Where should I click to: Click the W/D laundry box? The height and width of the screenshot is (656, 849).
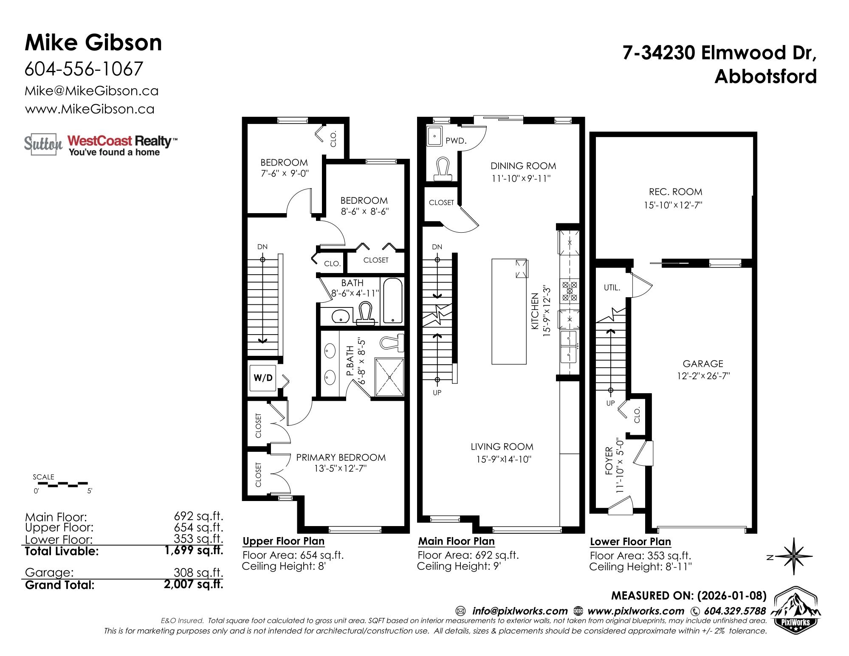pos(263,377)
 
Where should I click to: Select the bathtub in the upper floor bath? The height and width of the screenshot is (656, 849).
pos(392,301)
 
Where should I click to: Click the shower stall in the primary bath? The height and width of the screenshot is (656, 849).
pos(389,377)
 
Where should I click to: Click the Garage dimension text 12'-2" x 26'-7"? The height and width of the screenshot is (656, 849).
pos(703,376)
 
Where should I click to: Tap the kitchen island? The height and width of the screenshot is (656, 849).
pos(509,311)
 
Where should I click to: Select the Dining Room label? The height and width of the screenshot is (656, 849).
pos(523,166)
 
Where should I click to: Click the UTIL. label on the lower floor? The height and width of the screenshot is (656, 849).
pos(612,287)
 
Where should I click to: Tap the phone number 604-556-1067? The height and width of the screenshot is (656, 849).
pos(84,69)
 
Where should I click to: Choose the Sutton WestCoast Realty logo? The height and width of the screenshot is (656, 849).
pos(100,145)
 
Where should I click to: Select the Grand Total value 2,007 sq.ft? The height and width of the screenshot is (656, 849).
pos(193,584)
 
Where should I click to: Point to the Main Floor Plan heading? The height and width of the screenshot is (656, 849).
pos(457,541)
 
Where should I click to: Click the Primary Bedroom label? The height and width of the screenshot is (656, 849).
pos(341,457)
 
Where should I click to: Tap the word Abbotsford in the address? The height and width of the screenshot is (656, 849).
pos(766,76)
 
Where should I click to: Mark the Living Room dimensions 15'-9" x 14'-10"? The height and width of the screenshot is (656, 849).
pos(504,459)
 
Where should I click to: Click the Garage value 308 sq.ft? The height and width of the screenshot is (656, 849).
pos(198,572)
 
